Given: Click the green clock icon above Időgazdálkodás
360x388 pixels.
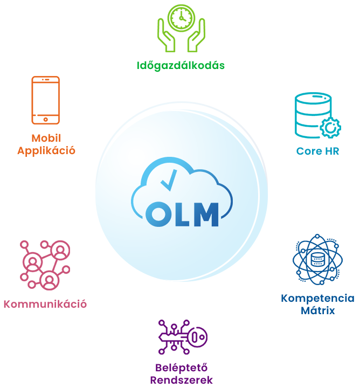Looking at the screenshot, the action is [x=182, y=18].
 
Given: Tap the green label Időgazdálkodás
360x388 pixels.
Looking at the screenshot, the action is [x=181, y=66].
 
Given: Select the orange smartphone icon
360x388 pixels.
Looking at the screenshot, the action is [x=45, y=100].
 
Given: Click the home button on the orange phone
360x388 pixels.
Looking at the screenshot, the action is [x=45, y=120].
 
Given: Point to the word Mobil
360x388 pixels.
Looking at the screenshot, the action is [x=46, y=138].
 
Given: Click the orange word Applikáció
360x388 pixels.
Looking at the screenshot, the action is [x=46, y=151].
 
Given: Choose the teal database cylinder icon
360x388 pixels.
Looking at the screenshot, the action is [x=317, y=115].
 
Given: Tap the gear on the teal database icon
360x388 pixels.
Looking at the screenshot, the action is [x=330, y=128].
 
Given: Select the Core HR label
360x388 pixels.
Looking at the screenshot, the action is [x=317, y=151].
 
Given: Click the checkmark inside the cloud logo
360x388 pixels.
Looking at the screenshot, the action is [x=169, y=180].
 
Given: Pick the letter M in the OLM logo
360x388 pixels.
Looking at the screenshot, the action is [x=206, y=214].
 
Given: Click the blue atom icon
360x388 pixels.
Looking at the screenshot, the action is [x=317, y=260].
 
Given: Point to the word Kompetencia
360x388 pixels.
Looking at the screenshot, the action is [x=317, y=299].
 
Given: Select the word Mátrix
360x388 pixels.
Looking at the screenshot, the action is [x=317, y=310].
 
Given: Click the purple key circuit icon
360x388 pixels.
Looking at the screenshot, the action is [x=183, y=337].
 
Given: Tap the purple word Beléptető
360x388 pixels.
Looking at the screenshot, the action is [x=182, y=368].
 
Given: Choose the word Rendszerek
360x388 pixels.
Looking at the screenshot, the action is [x=182, y=380].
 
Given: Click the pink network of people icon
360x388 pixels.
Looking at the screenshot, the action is [x=45, y=265].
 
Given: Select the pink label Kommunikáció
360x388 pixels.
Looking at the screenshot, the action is [x=45, y=304].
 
